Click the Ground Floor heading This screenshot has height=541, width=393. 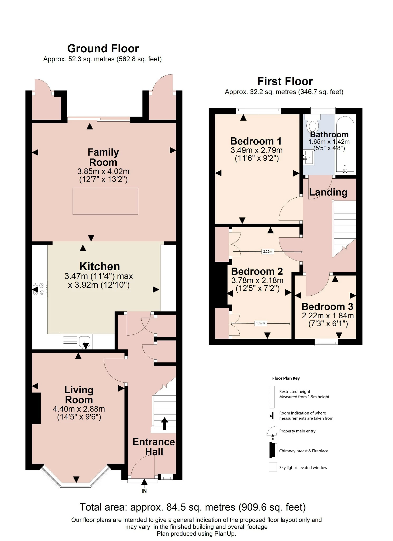103,49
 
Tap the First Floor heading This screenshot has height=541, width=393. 285,81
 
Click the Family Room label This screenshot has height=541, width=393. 103,157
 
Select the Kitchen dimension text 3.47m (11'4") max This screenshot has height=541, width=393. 99,276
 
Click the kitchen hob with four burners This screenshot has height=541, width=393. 40,289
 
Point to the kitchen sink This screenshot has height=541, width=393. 84,341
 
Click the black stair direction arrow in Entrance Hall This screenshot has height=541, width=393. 164,423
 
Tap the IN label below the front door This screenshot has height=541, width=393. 144,491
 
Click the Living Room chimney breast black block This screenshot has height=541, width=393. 36,408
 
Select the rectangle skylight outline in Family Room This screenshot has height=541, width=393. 105,201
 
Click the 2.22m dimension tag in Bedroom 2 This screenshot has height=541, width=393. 267,251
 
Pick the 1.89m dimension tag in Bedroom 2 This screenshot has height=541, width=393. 261,323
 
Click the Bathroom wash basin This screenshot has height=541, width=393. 308,158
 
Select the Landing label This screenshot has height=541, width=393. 328,192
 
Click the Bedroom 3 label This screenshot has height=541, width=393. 327,307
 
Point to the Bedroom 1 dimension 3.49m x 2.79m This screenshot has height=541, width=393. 257,150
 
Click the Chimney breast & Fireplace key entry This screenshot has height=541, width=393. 304,451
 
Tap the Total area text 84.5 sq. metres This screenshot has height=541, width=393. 193,507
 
